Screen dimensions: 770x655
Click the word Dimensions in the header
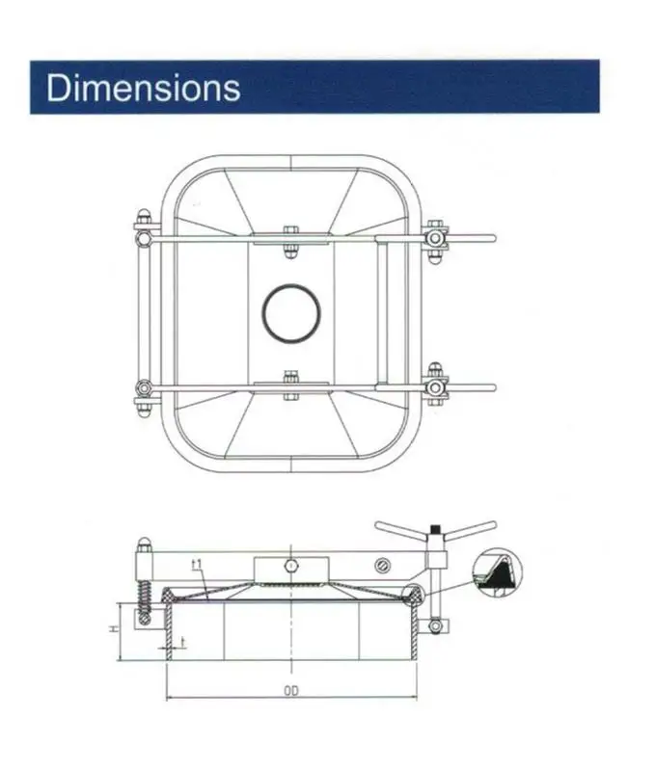click(143, 88)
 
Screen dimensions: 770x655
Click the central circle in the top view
click(291, 312)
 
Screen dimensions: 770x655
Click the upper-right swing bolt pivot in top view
click(435, 236)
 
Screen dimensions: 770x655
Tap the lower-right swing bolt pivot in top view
click(435, 387)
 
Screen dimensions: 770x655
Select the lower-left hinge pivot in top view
click(143, 388)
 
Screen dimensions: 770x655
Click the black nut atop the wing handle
click(436, 528)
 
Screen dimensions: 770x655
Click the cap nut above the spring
click(144, 544)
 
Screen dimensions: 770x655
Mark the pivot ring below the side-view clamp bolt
click(436, 627)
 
